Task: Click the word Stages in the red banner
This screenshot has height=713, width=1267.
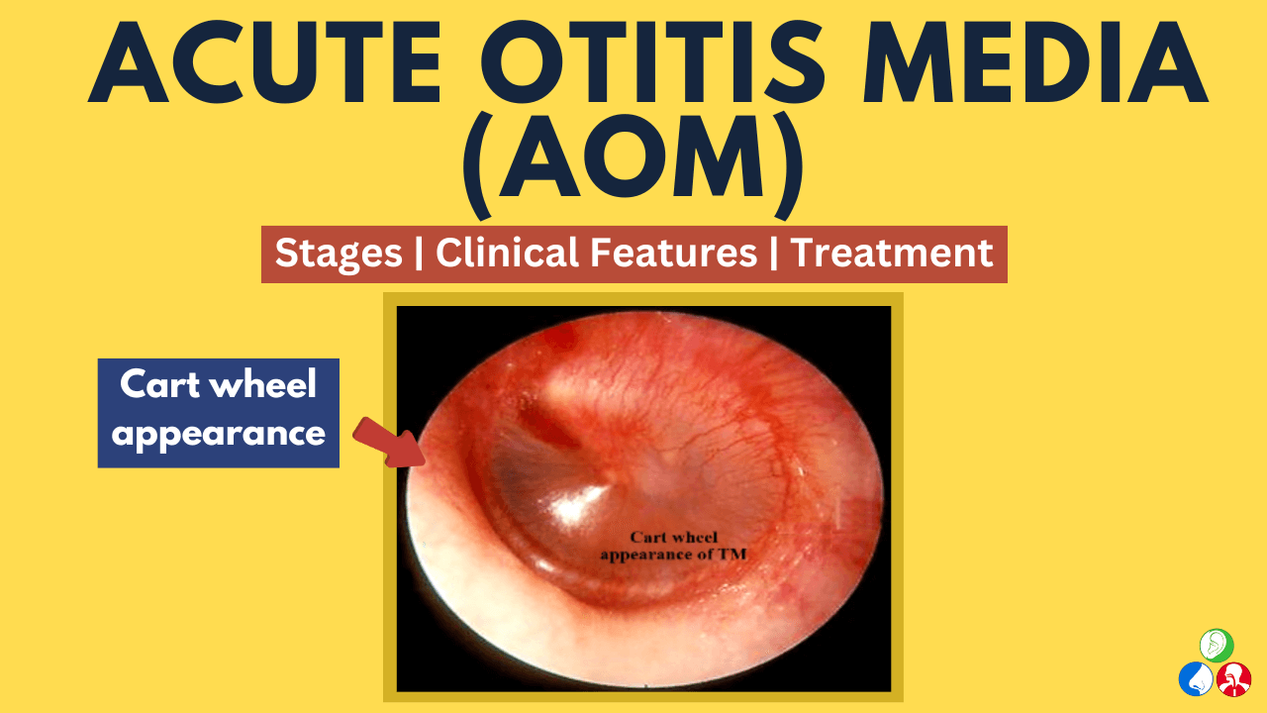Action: click(x=339, y=254)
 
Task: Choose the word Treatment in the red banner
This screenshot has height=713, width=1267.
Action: click(x=891, y=254)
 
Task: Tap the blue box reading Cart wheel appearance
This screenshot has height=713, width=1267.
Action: click(x=219, y=413)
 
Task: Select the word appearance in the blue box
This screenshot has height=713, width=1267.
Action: click(x=219, y=434)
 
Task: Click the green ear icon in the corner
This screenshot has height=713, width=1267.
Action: click(x=1217, y=645)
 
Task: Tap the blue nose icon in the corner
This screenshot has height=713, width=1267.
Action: click(x=1196, y=679)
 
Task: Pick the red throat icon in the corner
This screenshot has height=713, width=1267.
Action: click(x=1234, y=679)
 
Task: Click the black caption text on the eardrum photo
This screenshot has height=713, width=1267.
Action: click(x=673, y=546)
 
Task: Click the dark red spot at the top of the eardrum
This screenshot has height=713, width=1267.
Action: click(x=560, y=339)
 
